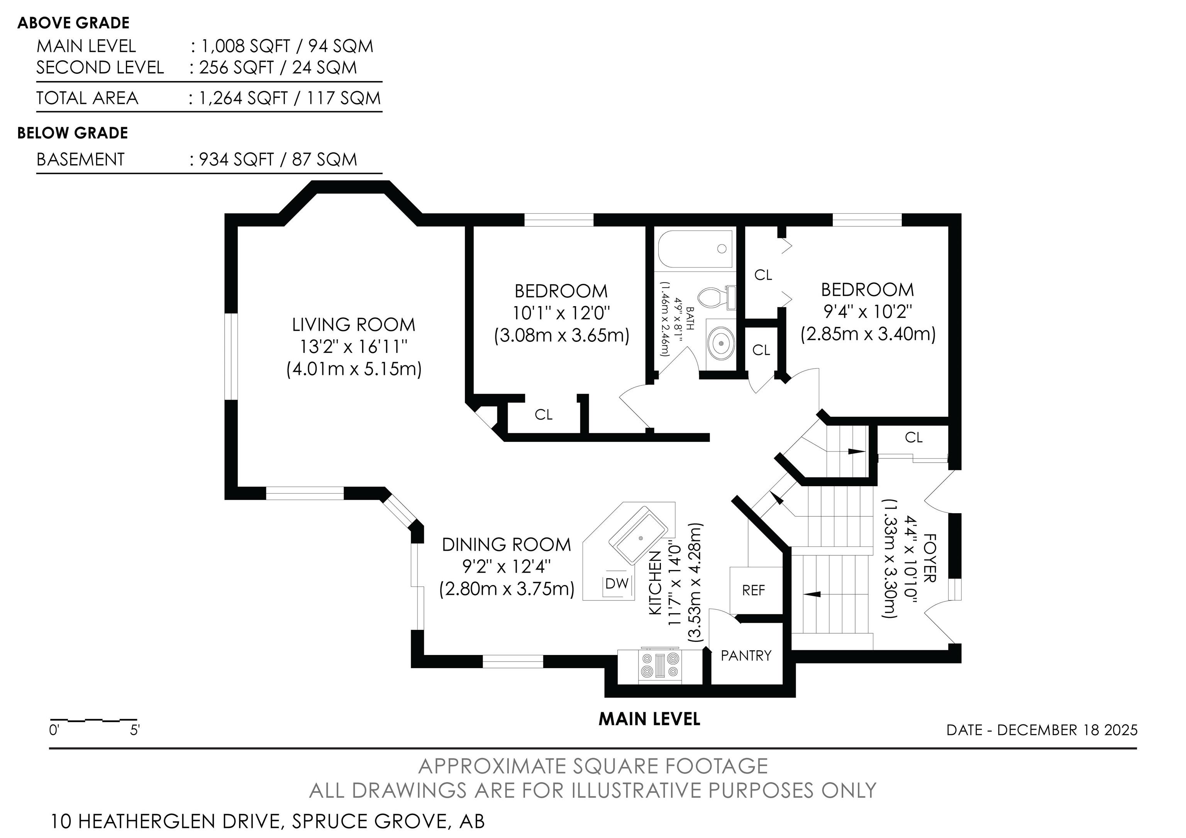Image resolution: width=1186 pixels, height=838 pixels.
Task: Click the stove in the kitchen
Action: click(x=661, y=665)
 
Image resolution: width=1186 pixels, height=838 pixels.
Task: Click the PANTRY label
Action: click(x=746, y=656)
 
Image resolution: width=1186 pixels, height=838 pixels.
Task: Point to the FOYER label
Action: click(x=929, y=558)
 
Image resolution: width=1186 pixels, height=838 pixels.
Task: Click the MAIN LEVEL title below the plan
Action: click(x=649, y=719)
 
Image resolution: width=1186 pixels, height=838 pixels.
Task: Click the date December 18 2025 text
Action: click(x=1042, y=730)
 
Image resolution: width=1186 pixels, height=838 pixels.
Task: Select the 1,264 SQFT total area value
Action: click(x=243, y=98)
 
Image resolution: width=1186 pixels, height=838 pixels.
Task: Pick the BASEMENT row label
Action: click(x=81, y=159)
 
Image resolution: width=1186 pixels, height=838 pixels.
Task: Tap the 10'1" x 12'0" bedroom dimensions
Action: click(x=561, y=313)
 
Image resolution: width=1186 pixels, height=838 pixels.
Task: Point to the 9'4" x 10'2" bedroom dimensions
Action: click(x=868, y=312)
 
